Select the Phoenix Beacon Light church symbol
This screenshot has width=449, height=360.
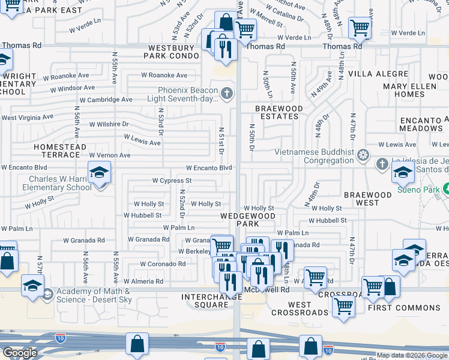tap(226, 93)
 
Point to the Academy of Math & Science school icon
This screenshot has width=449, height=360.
tap(32, 286)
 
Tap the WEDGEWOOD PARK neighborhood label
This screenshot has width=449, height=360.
tap(247, 220)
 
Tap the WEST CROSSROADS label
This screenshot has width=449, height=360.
tap(300, 308)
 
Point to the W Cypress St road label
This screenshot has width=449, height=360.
tap(172, 180)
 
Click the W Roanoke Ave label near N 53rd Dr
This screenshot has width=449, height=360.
tap(164, 76)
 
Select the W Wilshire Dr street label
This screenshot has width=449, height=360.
tap(109, 124)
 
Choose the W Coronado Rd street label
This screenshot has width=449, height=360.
tap(163, 264)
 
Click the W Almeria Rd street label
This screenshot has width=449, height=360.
tap(143, 281)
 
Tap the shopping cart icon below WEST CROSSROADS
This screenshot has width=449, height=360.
tap(344, 306)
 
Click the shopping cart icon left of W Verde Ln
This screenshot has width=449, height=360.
tap(360, 27)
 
